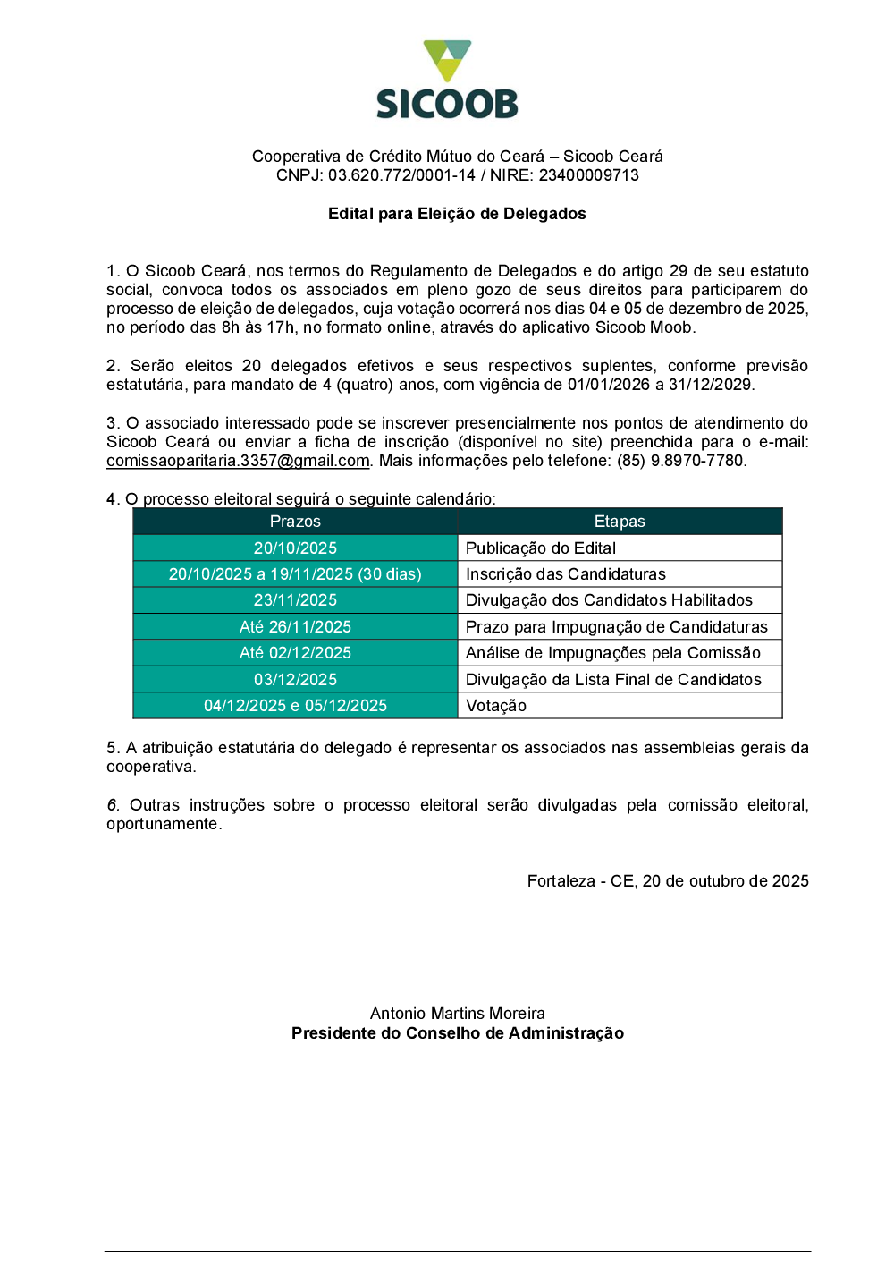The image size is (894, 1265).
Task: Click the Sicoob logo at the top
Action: tap(447, 81)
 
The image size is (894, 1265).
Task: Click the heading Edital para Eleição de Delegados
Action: tap(457, 214)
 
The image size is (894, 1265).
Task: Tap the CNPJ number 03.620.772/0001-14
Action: tap(401, 175)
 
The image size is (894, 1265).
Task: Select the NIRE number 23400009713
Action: tap(588, 175)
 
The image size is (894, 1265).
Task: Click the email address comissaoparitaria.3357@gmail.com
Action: tap(238, 461)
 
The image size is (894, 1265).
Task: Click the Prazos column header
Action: tap(295, 522)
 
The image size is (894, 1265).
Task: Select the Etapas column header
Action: tap(620, 522)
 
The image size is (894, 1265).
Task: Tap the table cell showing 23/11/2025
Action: tap(295, 600)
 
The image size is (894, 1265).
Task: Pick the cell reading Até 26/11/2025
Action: tap(295, 627)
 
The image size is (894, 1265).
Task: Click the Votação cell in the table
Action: tap(496, 706)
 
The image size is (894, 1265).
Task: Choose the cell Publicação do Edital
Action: tap(541, 548)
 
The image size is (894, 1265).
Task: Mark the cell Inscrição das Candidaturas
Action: tap(566, 574)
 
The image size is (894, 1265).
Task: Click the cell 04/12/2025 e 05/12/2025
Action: tap(295, 706)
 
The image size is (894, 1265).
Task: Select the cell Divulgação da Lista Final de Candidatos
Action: tap(613, 680)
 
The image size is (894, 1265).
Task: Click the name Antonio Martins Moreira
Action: tap(458, 1014)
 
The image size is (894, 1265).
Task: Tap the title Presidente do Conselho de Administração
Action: tap(458, 1033)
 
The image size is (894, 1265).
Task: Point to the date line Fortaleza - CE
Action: tap(668, 881)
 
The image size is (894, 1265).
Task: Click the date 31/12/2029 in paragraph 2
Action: tap(710, 385)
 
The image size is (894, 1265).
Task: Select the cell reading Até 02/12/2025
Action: tap(295, 653)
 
